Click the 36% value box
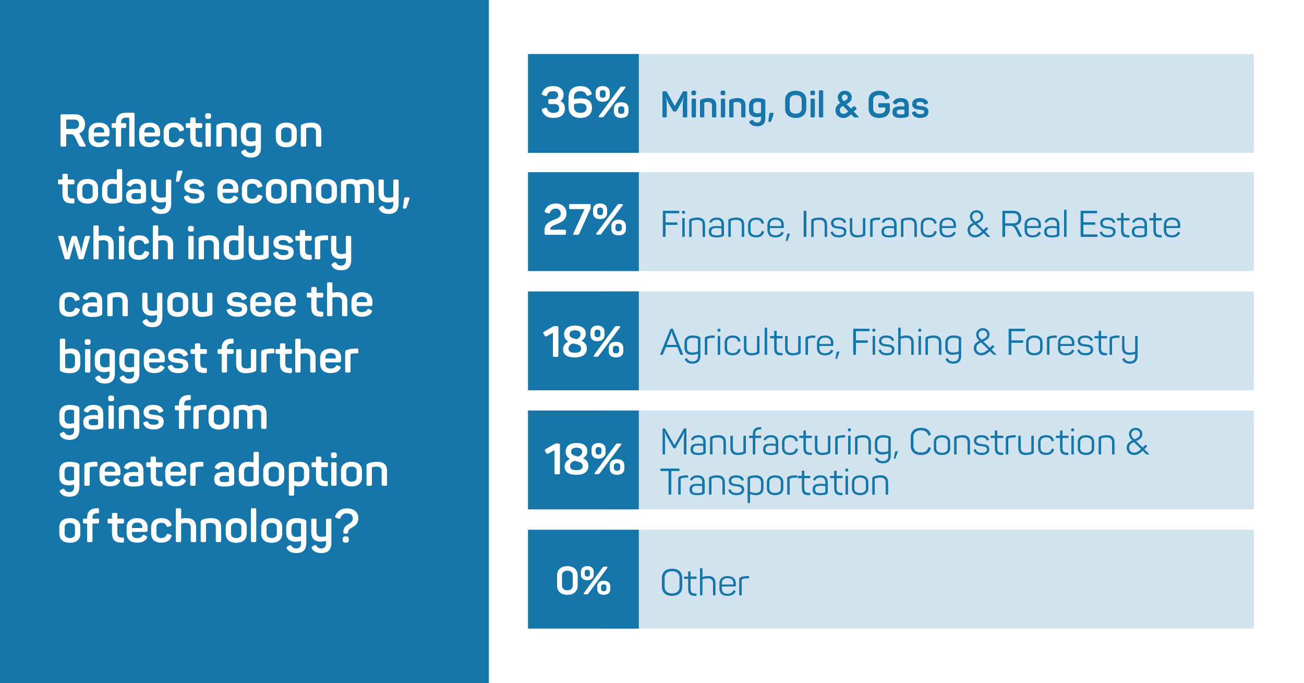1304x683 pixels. (x=583, y=103)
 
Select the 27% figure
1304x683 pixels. (x=585, y=220)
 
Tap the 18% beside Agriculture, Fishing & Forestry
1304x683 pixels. (x=583, y=342)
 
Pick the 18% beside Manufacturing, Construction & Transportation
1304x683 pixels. (x=584, y=459)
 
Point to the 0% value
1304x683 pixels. (x=583, y=580)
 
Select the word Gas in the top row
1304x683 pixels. (x=898, y=105)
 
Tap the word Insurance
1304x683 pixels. (x=879, y=225)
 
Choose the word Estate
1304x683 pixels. (x=1130, y=225)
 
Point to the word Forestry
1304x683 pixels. (x=1072, y=345)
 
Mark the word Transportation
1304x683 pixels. (x=775, y=483)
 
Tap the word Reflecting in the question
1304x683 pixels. (x=161, y=134)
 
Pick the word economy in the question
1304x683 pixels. (x=313, y=190)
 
